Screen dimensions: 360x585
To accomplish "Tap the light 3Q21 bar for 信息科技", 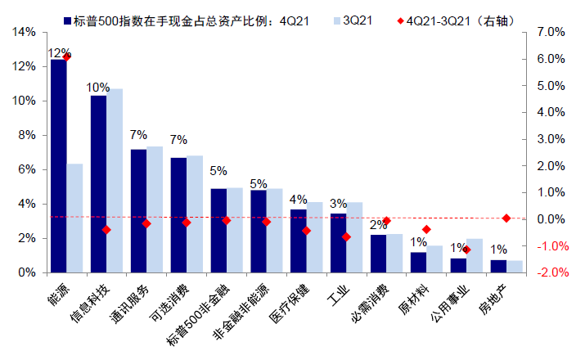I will [x=115, y=180].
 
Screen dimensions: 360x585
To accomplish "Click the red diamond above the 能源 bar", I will [x=66, y=56].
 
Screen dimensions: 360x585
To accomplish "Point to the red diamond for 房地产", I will [x=506, y=218].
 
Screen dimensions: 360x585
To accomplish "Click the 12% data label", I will [x=59, y=52].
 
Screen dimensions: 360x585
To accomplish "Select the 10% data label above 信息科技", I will [x=98, y=88].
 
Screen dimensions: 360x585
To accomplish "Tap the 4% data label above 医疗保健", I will [x=299, y=200].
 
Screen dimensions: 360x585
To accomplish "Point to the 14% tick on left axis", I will [x=24, y=32].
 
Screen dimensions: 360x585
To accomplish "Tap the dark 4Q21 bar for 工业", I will [x=338, y=242].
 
